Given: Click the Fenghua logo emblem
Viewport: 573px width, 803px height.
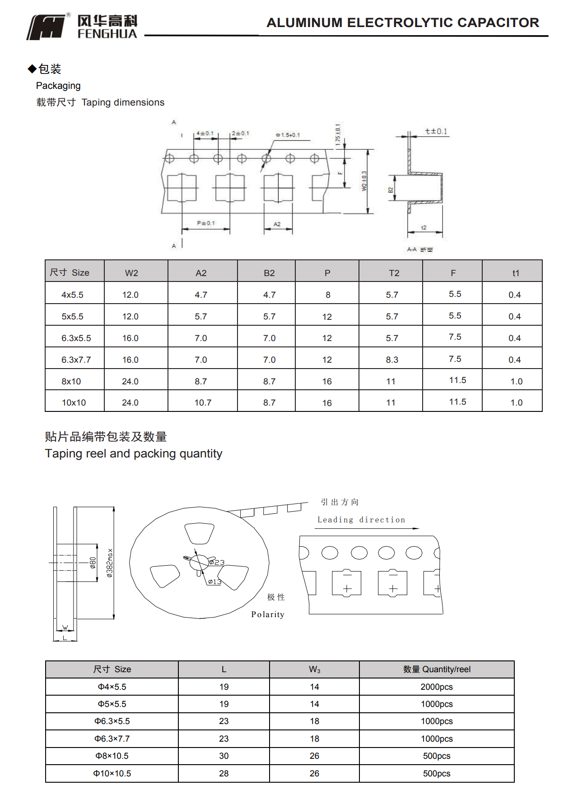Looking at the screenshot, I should [x=47, y=27].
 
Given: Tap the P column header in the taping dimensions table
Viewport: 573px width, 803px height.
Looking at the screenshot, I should [x=327, y=273].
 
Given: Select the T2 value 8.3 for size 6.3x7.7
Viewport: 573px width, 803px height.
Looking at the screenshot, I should [x=392, y=360].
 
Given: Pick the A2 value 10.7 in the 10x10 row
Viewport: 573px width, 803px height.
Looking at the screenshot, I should [x=203, y=402].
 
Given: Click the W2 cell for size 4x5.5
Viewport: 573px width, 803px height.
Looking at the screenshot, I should [x=130, y=295].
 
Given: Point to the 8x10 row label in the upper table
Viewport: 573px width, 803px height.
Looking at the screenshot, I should [x=71, y=381].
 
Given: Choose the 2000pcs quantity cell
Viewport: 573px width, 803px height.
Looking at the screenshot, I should [x=436, y=687].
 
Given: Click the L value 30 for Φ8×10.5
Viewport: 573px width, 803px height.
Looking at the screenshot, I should [x=224, y=756].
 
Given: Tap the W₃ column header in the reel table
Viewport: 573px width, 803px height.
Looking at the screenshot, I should [x=314, y=669].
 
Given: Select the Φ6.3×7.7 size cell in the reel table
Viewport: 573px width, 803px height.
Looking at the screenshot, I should [x=112, y=738].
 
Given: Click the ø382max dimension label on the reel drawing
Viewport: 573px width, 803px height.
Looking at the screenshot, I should [x=110, y=563].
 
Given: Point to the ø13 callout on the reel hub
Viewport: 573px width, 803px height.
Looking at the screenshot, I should [x=215, y=581].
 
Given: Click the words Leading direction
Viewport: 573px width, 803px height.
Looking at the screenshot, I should [x=361, y=520].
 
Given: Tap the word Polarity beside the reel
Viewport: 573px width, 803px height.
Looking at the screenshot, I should [x=268, y=614].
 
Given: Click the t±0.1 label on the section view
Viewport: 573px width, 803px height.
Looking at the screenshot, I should [x=436, y=131].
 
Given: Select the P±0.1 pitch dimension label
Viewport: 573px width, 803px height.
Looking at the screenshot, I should [x=206, y=223].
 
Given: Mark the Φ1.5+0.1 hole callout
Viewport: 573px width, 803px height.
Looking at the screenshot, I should [x=288, y=135].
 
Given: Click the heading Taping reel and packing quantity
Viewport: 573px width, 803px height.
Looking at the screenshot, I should [x=134, y=453].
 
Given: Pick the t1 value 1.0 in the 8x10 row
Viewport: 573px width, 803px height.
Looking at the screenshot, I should [x=516, y=381].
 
